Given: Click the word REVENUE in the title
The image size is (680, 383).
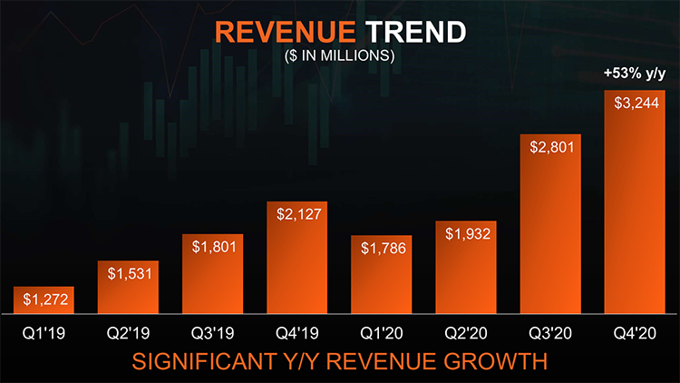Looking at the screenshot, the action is point(286,32).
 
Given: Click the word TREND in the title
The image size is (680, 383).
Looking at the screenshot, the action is point(415,32).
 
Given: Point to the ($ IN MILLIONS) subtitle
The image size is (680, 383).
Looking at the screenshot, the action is point(340,55).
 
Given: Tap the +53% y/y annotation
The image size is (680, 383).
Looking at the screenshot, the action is point(635,74).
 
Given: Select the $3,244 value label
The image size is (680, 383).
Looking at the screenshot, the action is point(636,103).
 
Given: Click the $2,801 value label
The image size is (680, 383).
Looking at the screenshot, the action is point(552,147).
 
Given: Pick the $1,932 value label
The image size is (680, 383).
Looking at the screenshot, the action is point(468,234).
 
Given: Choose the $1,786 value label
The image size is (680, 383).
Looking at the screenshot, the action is point(384,249).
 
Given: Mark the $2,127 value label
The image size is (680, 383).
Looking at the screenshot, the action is point(299,214).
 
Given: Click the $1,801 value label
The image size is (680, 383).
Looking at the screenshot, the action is point(214,247).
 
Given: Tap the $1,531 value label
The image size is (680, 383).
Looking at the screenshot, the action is point(130,273).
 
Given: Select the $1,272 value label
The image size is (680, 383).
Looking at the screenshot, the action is point(45,300).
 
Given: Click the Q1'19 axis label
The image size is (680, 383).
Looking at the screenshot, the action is point(44,333).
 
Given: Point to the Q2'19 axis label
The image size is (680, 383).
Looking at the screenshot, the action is point(129,333).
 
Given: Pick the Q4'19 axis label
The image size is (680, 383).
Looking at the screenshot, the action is point(297,333).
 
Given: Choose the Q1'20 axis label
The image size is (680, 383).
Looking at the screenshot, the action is point(382,333).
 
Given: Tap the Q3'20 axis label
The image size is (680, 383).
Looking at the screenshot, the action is point(550,333).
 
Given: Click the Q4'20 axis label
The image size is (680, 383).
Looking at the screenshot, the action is point(635,333).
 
